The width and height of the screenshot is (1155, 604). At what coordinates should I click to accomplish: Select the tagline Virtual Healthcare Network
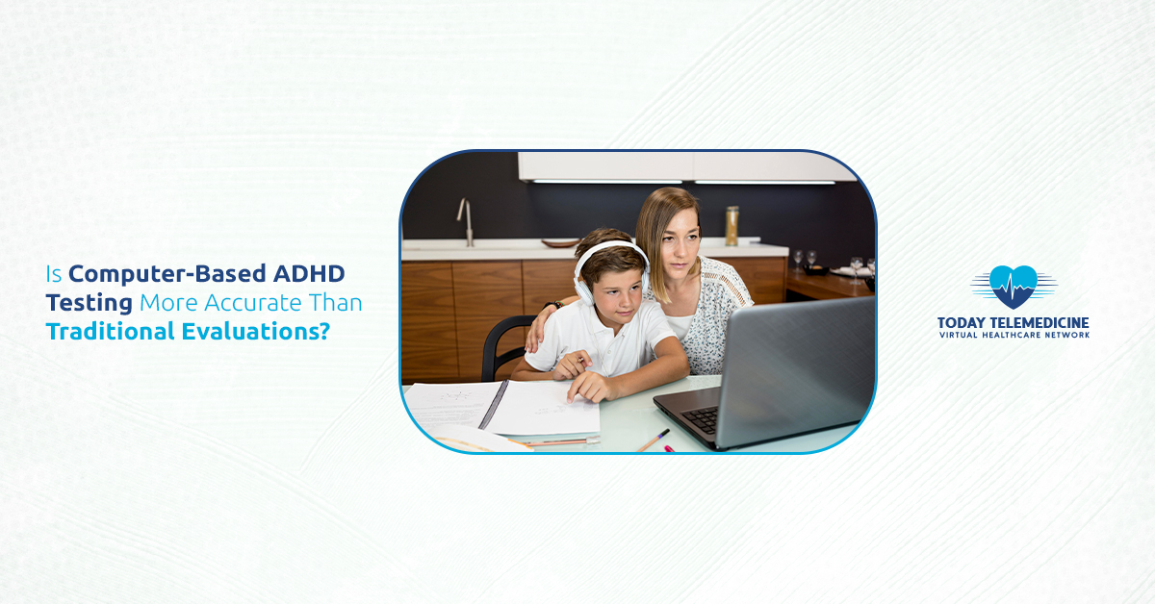[1014, 336]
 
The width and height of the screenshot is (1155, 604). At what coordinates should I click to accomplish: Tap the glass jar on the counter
[732, 226]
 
